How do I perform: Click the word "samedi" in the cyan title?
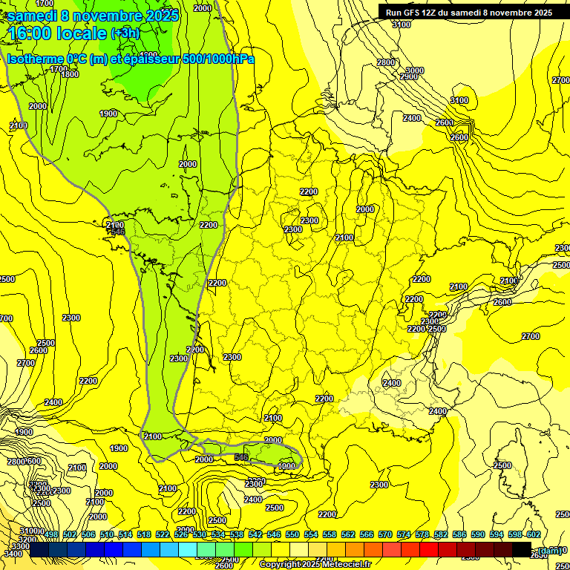[x=33, y=15]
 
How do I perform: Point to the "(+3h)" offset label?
[x=124, y=33]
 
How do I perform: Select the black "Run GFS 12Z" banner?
[x=468, y=12]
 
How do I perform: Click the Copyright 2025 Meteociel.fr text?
[x=315, y=564]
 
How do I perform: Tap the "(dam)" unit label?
[x=550, y=550]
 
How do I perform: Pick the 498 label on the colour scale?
[x=51, y=534]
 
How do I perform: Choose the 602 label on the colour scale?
[x=533, y=534]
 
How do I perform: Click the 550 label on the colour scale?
[x=292, y=534]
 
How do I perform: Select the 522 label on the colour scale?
[x=163, y=534]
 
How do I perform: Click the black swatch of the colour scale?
[x=522, y=549]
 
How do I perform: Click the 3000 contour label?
[x=414, y=71]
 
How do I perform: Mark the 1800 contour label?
[x=70, y=74]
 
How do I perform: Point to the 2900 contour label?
[x=409, y=76]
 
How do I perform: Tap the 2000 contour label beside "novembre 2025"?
[x=201, y=8]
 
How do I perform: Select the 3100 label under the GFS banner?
[x=401, y=24]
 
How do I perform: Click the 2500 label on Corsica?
[x=502, y=465]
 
